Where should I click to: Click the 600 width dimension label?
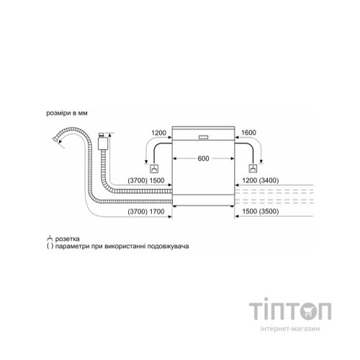[203, 158]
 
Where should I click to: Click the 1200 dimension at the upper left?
[158, 132]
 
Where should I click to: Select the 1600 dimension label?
[248, 132]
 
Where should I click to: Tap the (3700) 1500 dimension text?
[146, 181]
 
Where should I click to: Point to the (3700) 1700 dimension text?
[146, 212]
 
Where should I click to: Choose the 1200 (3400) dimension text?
[261, 181]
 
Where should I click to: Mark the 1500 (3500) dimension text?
[261, 212]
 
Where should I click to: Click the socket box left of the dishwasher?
[154, 168]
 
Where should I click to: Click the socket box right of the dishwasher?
[253, 168]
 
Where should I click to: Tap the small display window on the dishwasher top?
[204, 137]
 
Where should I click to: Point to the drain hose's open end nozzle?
[55, 139]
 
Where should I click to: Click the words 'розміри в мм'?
[67, 113]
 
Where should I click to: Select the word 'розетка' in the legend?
[67, 239]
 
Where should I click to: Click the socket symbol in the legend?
[50, 238]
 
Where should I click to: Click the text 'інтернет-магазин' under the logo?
[290, 328]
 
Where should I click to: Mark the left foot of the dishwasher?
[175, 206]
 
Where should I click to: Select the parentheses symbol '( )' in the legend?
[50, 246]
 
